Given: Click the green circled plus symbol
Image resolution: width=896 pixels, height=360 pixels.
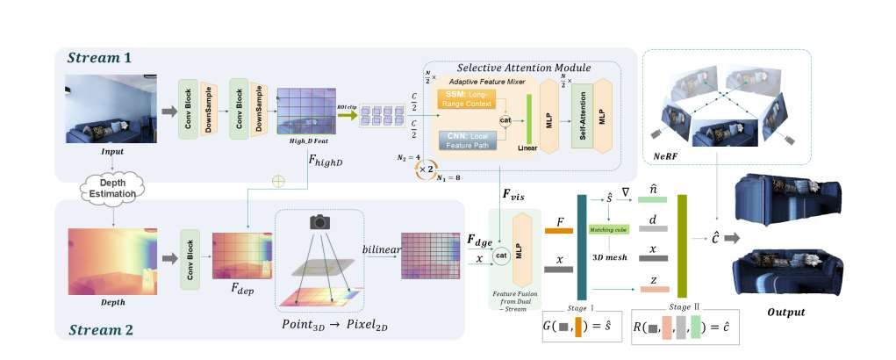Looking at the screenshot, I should point(279,181).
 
